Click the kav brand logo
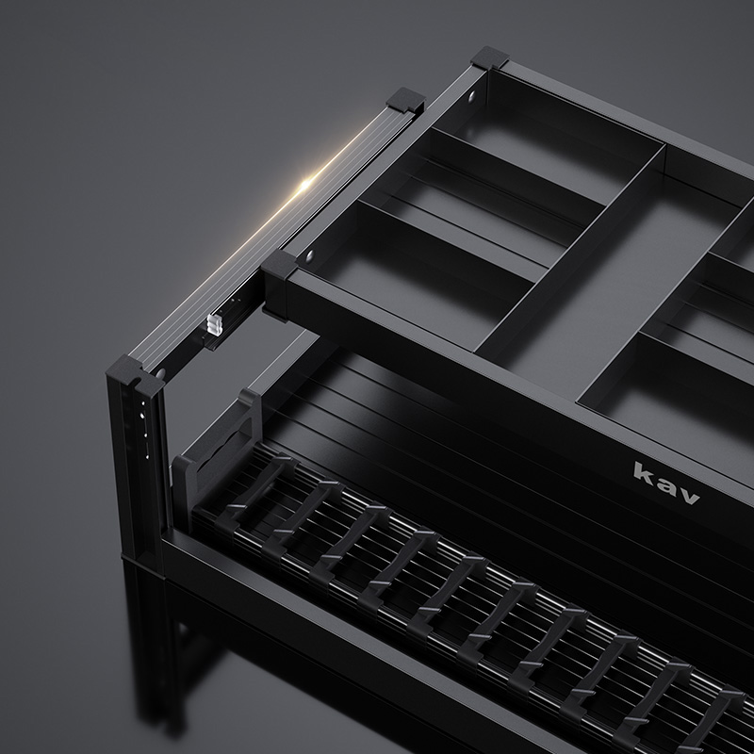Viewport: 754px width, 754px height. point(666,482)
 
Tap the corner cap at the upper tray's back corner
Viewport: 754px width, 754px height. point(489,57)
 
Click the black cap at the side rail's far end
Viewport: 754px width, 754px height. point(407,100)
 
